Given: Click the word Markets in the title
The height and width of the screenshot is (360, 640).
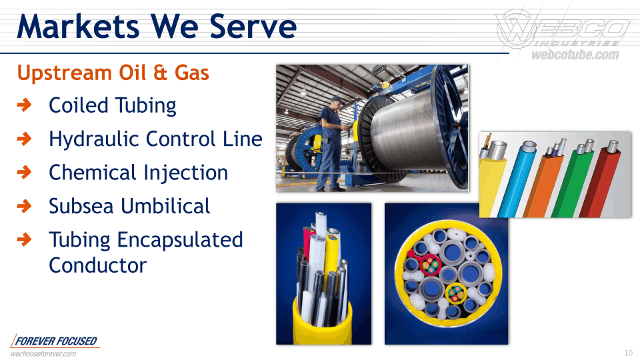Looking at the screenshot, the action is (78, 27).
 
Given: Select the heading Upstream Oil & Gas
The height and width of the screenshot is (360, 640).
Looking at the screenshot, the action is (113, 73).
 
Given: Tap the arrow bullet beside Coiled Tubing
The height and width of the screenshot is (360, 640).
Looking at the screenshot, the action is (25, 105).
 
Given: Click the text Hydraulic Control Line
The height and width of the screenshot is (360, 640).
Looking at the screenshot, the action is (155, 139).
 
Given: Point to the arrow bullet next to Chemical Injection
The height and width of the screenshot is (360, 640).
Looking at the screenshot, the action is (25, 172).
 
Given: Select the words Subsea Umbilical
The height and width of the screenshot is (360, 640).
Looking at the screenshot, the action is (129, 206).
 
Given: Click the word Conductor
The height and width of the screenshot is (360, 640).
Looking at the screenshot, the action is (97, 266).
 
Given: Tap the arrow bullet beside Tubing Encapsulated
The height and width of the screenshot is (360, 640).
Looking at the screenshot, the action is (25, 239).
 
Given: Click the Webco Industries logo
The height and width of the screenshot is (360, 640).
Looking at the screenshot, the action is (563, 29).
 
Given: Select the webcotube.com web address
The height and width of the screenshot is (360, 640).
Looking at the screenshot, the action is (575, 55).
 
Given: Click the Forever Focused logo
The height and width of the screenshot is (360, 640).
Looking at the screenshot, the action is (55, 341).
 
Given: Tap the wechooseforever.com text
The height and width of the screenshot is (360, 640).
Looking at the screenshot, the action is (43, 354).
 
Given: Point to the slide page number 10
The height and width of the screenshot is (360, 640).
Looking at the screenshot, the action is (628, 353).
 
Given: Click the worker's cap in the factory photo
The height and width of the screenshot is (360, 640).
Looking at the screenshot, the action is (337, 99).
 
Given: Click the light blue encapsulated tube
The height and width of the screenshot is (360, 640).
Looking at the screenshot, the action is (514, 179).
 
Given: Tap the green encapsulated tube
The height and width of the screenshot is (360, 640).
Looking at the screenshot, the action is (570, 181).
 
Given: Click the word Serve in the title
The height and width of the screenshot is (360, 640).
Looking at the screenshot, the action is (253, 27).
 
